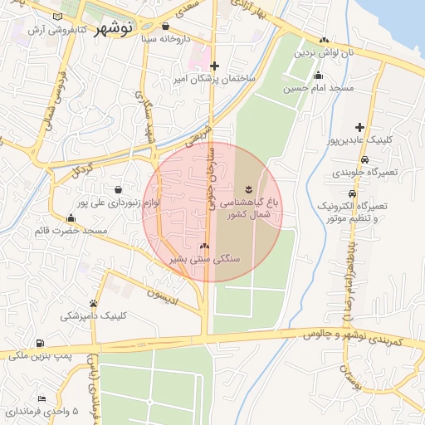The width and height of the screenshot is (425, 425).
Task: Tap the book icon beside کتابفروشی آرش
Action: click(56, 17)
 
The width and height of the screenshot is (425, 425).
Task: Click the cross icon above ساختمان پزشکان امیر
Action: click(215, 66)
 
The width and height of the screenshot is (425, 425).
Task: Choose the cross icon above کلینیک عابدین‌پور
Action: click(359, 127)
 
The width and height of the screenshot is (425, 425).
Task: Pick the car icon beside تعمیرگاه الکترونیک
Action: click(320, 204)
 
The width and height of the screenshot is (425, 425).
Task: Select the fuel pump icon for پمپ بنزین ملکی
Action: click(39, 343)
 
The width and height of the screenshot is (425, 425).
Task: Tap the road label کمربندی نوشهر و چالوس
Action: click(349, 340)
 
